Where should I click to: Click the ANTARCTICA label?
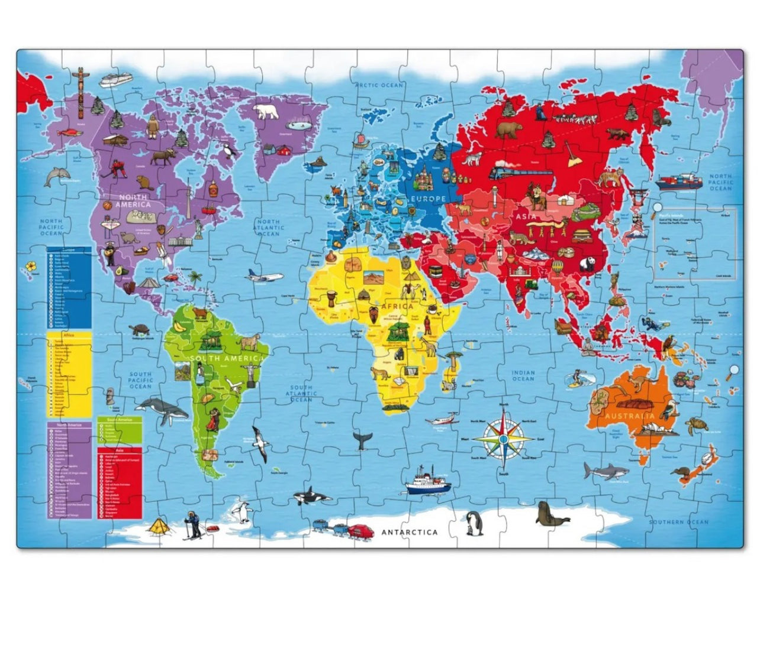click(410, 532)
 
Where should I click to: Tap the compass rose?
click(503, 439)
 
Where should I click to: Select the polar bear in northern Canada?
click(266, 112)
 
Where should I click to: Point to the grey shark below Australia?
click(605, 471)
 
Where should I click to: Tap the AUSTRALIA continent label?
click(627, 416)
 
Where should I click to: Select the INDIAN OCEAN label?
click(523, 375)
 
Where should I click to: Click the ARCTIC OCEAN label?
click(379, 86)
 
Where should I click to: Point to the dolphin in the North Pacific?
click(57, 175)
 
